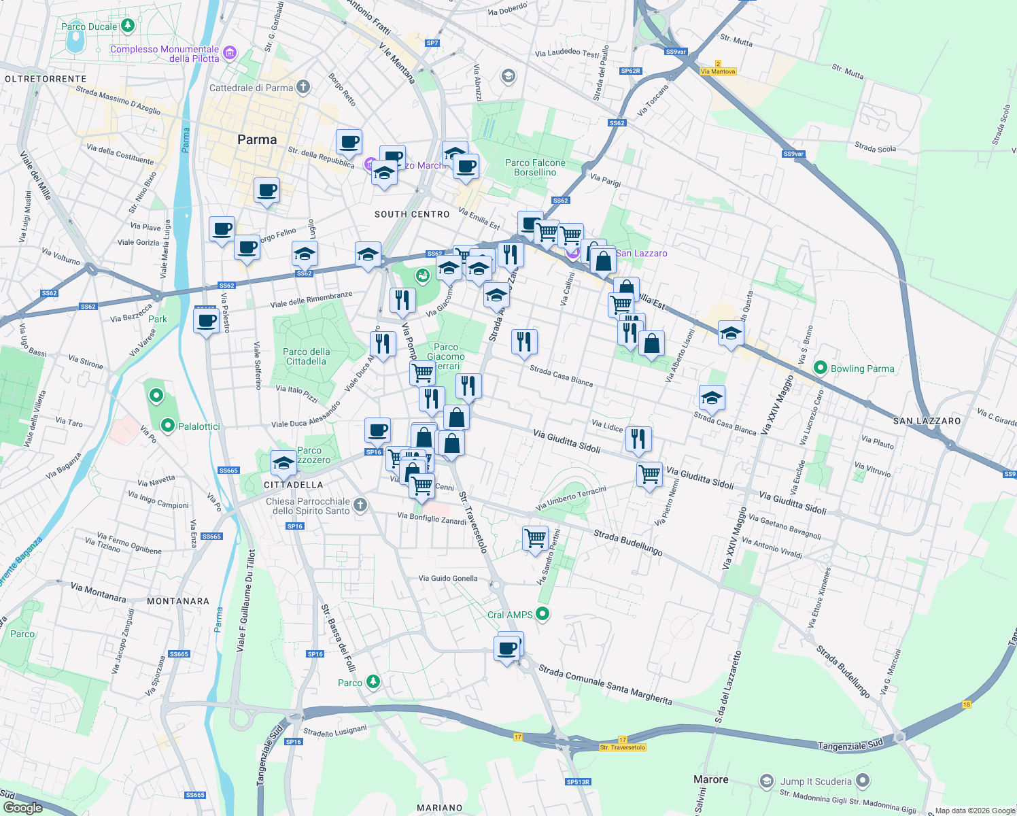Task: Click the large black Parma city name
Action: (x=257, y=139)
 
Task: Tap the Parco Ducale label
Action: (x=89, y=27)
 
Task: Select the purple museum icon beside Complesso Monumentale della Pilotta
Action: (x=230, y=52)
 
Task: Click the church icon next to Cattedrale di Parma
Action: (x=303, y=87)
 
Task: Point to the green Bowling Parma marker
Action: (x=820, y=368)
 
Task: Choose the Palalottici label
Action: (x=199, y=426)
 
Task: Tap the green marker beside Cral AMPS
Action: (x=542, y=614)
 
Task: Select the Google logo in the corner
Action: (x=22, y=807)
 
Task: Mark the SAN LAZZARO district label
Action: (x=927, y=421)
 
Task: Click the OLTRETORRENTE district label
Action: (x=46, y=79)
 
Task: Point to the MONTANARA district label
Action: (x=178, y=601)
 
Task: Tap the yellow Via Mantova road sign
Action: (x=718, y=71)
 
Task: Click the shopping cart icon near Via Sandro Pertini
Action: (x=535, y=539)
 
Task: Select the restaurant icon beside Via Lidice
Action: (x=638, y=439)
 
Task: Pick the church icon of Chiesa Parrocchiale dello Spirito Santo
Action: (x=360, y=505)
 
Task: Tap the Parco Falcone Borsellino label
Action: (x=535, y=167)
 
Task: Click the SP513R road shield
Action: (x=578, y=782)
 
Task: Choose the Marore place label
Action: (x=710, y=779)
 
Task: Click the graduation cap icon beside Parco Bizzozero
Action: (x=283, y=464)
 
